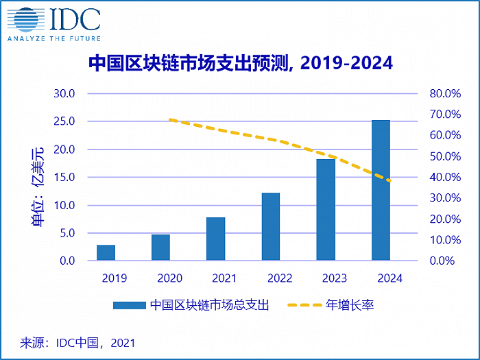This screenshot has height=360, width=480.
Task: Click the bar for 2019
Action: [106, 252]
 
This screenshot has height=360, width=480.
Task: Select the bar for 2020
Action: [160, 248]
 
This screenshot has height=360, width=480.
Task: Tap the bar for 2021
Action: [215, 239]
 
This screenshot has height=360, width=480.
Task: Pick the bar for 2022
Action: [270, 226]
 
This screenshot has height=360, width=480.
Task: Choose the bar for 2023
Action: [326, 209]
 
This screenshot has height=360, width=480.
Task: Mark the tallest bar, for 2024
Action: [381, 190]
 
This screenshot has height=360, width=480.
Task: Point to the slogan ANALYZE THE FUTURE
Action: [53, 38]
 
